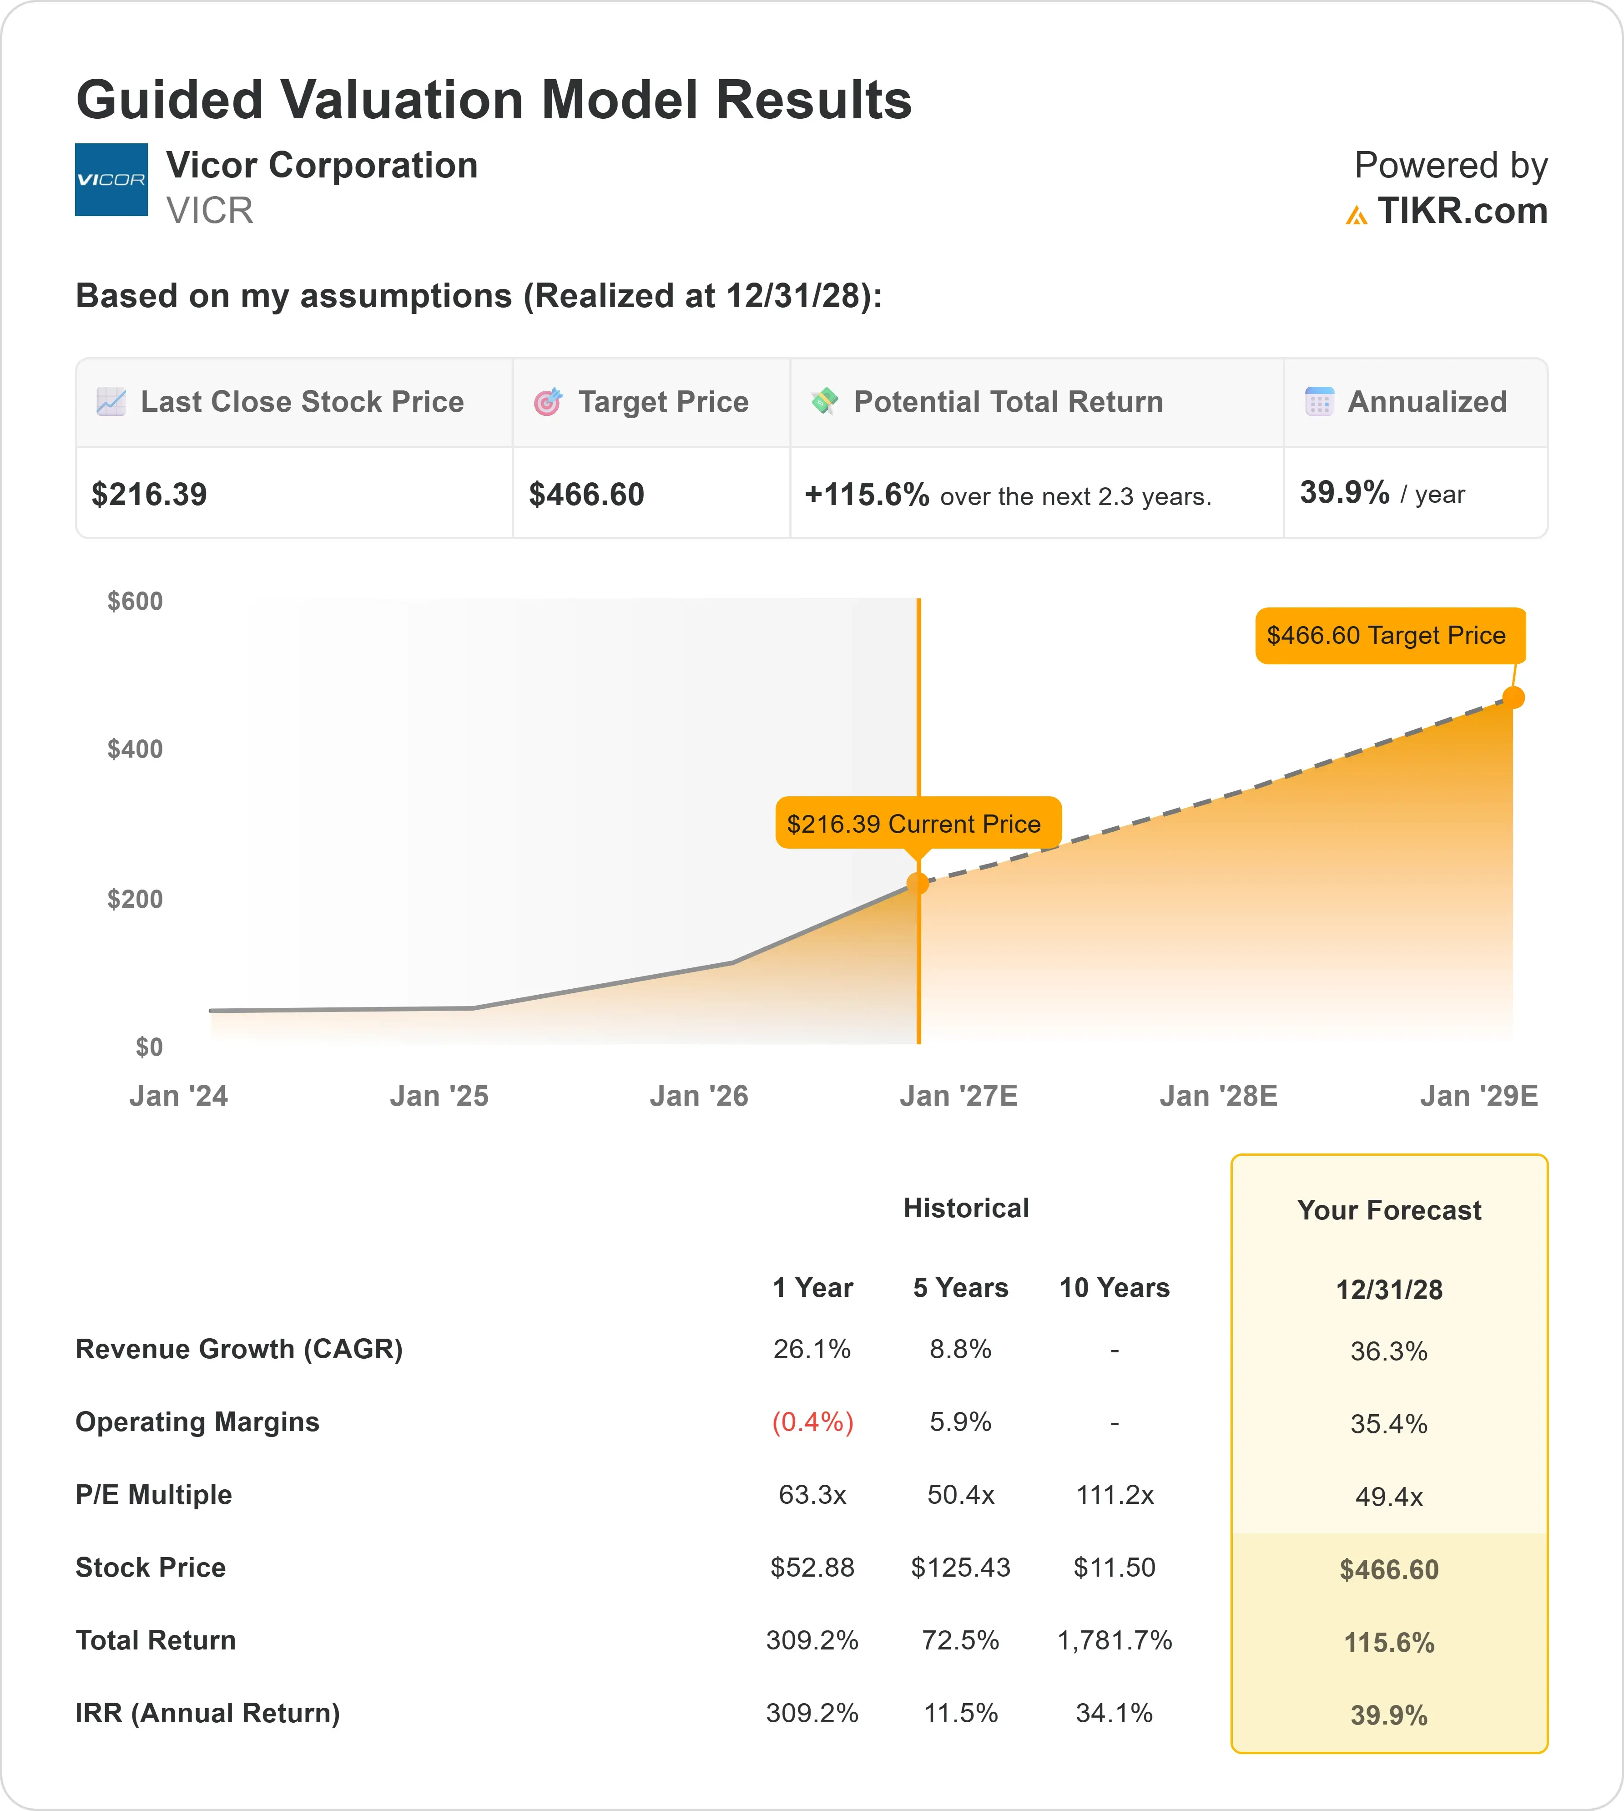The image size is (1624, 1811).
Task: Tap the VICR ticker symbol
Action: [210, 211]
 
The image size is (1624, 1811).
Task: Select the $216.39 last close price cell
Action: [149, 494]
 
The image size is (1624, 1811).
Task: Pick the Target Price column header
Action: [663, 402]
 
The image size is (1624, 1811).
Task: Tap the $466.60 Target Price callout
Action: [1390, 636]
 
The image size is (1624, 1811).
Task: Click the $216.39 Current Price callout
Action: [918, 823]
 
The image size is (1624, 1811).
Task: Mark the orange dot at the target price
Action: [1513, 697]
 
